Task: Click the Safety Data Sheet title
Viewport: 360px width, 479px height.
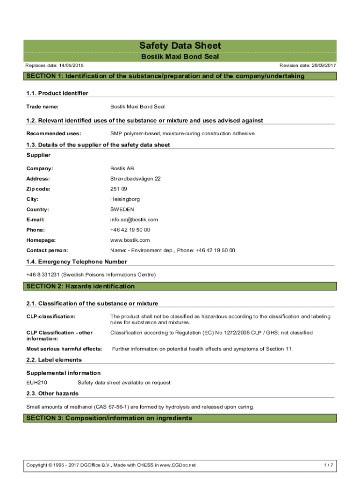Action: pos(180,46)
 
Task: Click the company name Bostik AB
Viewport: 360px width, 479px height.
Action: pos(122,168)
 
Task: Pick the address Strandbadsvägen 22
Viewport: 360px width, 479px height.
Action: pos(135,179)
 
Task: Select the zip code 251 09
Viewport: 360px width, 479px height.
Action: pos(118,189)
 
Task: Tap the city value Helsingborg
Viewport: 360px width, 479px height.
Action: pos(125,199)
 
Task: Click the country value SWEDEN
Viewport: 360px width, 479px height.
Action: pos(122,210)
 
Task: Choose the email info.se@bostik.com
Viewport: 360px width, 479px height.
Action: pos(134,220)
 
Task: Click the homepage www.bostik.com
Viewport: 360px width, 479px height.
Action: pos(130,240)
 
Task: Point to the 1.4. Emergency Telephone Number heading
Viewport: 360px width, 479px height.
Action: pos(77,261)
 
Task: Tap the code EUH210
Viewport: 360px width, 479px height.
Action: pos(36,383)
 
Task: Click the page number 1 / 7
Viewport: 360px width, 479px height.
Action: pos(329,465)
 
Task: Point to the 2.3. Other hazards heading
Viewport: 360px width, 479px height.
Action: pos(52,393)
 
